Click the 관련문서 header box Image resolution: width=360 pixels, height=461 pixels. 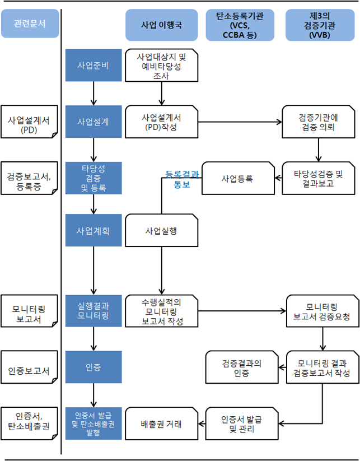pyautogui.click(x=30, y=24)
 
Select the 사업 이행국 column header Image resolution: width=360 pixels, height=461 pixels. pyautogui.click(x=161, y=25)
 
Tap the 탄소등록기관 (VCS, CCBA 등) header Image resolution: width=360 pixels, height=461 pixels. pyautogui.click(x=240, y=25)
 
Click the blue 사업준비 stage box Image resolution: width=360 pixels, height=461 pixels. pyautogui.click(x=93, y=66)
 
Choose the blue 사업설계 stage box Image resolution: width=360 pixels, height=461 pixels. pyautogui.click(x=93, y=121)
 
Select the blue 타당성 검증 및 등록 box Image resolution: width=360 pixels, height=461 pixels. pyautogui.click(x=93, y=178)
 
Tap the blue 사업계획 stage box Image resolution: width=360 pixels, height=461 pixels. pyautogui.click(x=93, y=230)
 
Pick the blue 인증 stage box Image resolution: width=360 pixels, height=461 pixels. pyautogui.click(x=93, y=367)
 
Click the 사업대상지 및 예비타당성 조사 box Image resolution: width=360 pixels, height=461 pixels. pyautogui.click(x=161, y=66)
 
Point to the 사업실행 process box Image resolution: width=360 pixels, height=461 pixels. pyautogui.click(x=161, y=230)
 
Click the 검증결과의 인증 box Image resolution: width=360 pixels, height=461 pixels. pyautogui.click(x=241, y=367)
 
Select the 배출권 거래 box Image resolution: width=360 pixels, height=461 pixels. pyautogui.click(x=161, y=423)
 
